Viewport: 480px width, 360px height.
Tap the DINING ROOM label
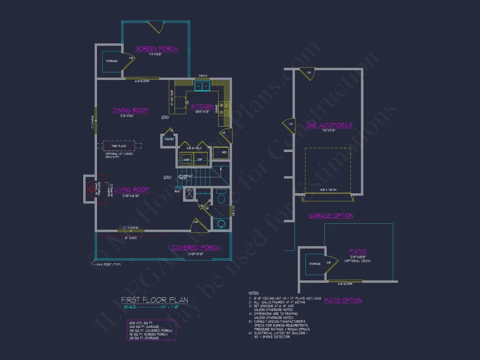click(x=130, y=110)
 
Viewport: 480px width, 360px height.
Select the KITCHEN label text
click(x=202, y=106)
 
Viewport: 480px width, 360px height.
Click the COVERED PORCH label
click(x=195, y=247)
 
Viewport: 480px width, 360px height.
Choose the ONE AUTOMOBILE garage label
click(x=329, y=125)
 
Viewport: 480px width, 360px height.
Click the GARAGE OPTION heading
click(x=330, y=216)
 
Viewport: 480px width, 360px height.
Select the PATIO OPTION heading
click(x=343, y=300)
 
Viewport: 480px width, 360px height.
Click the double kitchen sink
click(x=202, y=86)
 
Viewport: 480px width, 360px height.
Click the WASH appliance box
click(x=187, y=160)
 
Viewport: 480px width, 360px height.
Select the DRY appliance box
click(x=201, y=160)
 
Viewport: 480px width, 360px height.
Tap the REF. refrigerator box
click(x=221, y=153)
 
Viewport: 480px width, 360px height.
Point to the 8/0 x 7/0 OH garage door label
click(x=328, y=189)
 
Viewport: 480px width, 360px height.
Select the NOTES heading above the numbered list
click(x=254, y=293)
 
